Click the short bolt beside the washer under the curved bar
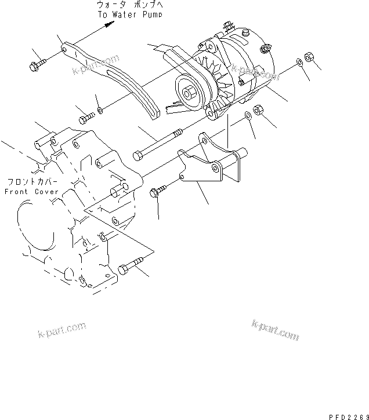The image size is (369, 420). click(85, 118)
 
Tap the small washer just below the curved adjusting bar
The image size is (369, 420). click(101, 109)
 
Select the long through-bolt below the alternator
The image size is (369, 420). click(157, 144)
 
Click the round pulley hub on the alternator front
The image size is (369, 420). click(189, 92)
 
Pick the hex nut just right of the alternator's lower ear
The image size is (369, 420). click(261, 109)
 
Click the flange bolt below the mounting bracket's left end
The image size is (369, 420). click(158, 192)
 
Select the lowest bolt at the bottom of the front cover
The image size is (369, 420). click(128, 268)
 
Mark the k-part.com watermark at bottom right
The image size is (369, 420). click(275, 330)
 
